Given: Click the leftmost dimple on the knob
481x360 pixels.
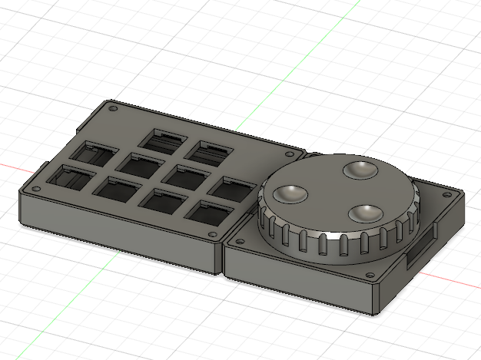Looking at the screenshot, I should click(291, 194).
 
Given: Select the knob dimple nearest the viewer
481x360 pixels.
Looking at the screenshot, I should click(364, 213).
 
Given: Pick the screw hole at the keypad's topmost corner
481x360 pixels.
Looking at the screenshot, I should click(114, 109).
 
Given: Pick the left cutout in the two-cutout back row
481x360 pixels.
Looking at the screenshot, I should click(164, 140).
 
